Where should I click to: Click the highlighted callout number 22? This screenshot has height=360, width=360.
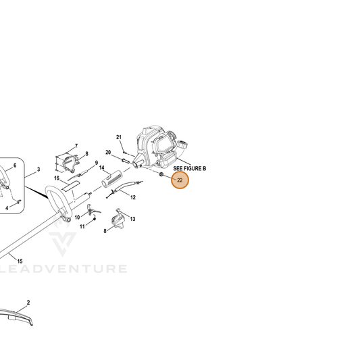tap(180, 180)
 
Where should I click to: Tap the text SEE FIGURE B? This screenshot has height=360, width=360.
tap(190, 169)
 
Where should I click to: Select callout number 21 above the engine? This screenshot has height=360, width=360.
tap(119, 137)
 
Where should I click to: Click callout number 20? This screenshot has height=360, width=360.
tap(108, 153)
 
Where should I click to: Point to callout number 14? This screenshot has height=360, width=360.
tap(102, 168)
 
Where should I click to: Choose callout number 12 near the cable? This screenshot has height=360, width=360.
tap(133, 197)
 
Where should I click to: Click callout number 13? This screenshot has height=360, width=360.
tap(132, 219)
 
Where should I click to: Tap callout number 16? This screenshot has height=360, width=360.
tap(57, 178)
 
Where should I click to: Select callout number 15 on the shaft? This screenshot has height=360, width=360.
tap(20, 261)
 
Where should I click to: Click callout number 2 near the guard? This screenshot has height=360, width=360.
tap(28, 303)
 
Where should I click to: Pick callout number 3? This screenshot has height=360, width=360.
tap(38, 170)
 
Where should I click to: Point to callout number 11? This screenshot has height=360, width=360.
tap(82, 227)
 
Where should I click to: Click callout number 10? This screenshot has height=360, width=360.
tap(78, 217)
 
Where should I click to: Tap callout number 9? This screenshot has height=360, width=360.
tap(97, 163)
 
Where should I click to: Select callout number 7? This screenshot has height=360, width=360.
tap(76, 146)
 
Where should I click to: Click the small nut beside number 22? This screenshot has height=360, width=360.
tap(161, 174)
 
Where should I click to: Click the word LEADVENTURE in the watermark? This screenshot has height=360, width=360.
tap(63, 269)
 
